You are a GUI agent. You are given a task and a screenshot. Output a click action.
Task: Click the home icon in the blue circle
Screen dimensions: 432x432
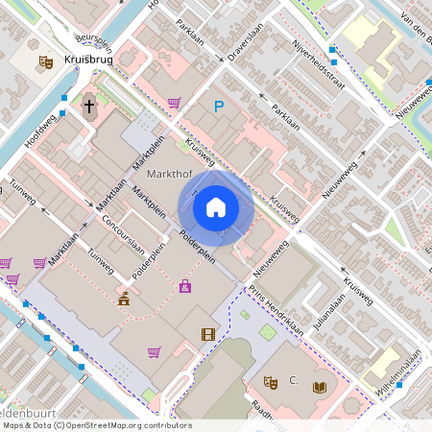[x=216, y=206]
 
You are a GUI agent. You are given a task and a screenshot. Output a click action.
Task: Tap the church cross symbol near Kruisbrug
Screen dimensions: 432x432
[x=89, y=105]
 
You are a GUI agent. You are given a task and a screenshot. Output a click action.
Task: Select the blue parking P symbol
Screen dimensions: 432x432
[x=218, y=108]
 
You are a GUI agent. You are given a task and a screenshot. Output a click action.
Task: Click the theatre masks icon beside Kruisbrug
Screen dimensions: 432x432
[x=44, y=62]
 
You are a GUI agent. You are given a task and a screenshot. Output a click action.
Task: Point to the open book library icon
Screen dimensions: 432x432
[x=320, y=386]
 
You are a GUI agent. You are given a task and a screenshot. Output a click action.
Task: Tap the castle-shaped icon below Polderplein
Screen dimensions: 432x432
[x=124, y=299]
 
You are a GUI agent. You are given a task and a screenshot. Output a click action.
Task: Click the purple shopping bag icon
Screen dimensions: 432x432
[x=184, y=286]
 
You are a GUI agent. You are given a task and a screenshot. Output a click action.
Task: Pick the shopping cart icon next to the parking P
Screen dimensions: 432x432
[x=174, y=102]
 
